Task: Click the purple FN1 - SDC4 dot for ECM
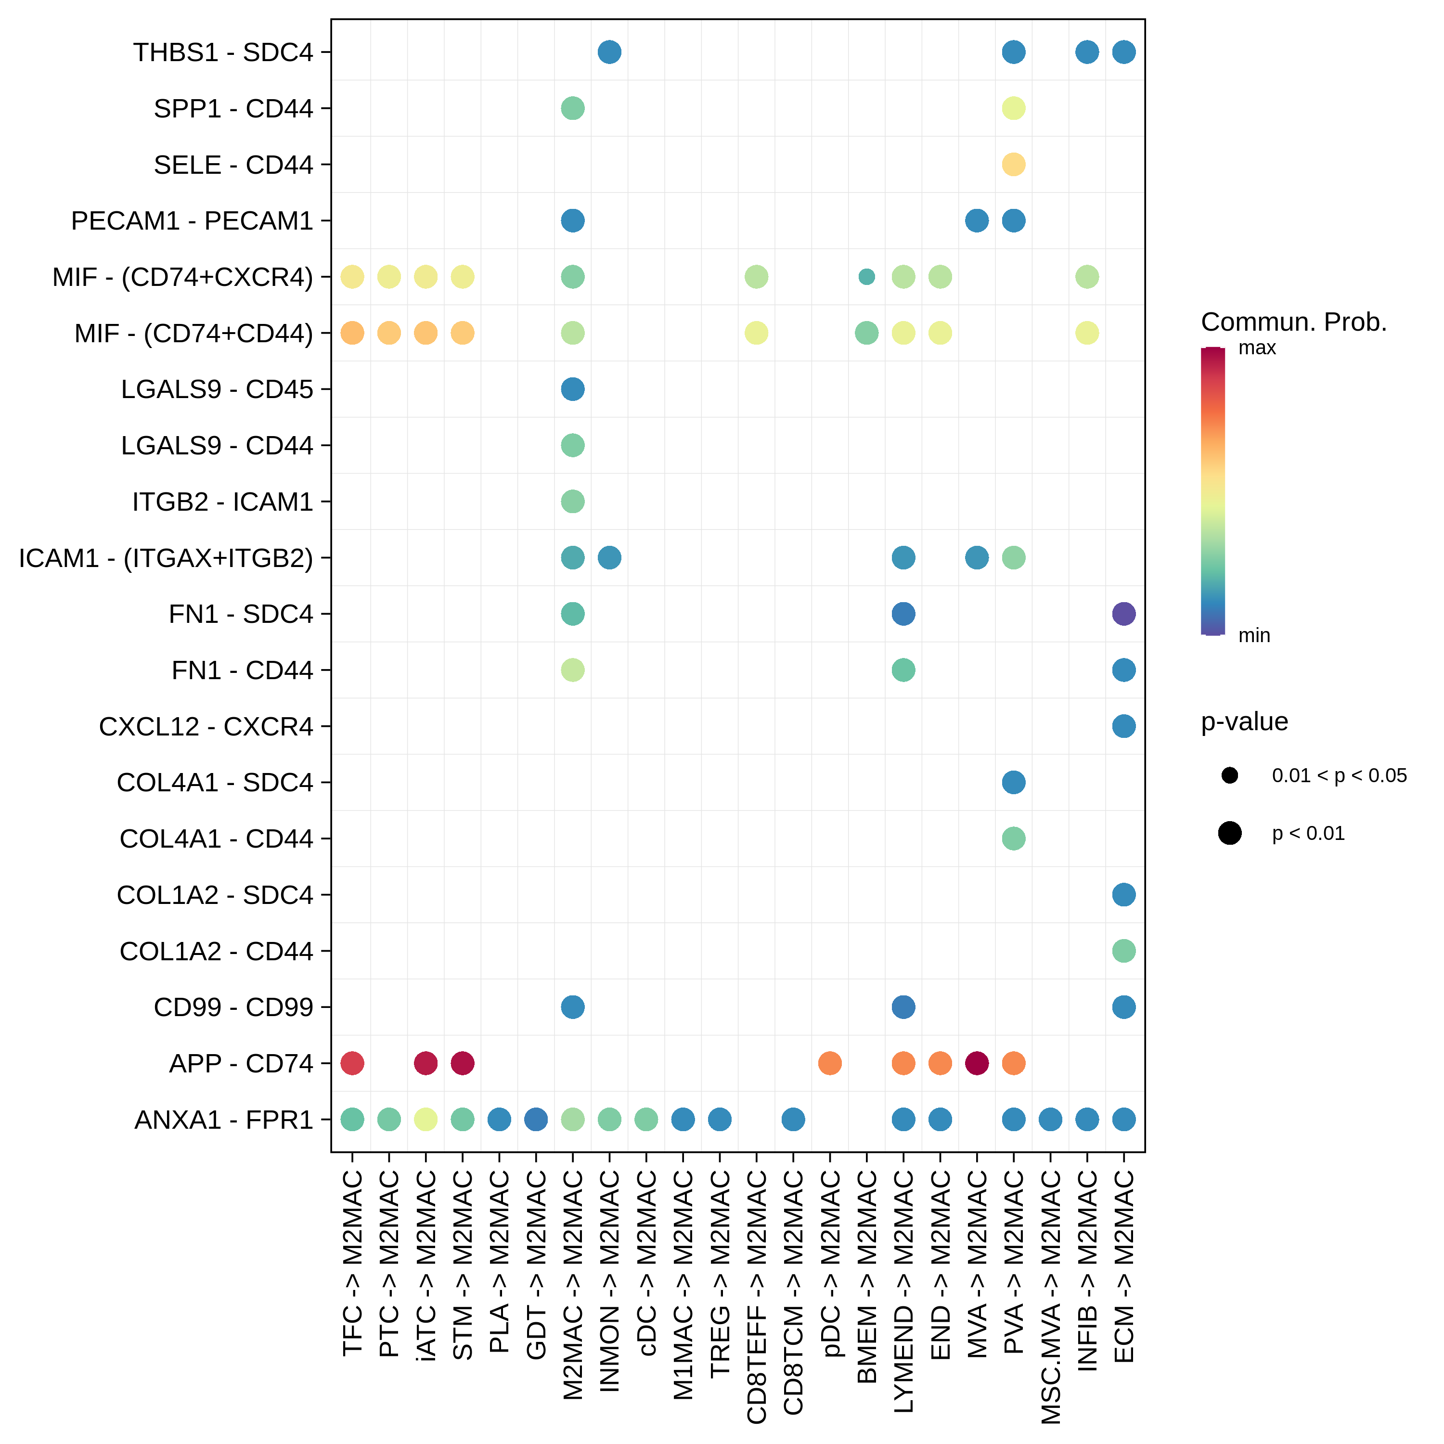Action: click(1123, 614)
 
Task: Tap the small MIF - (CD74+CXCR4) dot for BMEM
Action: click(866, 277)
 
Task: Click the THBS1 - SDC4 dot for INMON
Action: click(609, 52)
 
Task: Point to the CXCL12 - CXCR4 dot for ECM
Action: click(1123, 726)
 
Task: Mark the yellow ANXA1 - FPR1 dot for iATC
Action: click(425, 1119)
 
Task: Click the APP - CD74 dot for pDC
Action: click(830, 1063)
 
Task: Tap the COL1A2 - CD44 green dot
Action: click(1123, 951)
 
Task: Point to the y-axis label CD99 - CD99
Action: click(233, 1007)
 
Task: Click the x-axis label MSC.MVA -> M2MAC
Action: click(1051, 1297)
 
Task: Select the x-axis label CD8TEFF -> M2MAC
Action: click(756, 1297)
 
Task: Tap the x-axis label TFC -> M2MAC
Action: click(352, 1263)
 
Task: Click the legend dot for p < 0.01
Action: click(1229, 833)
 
